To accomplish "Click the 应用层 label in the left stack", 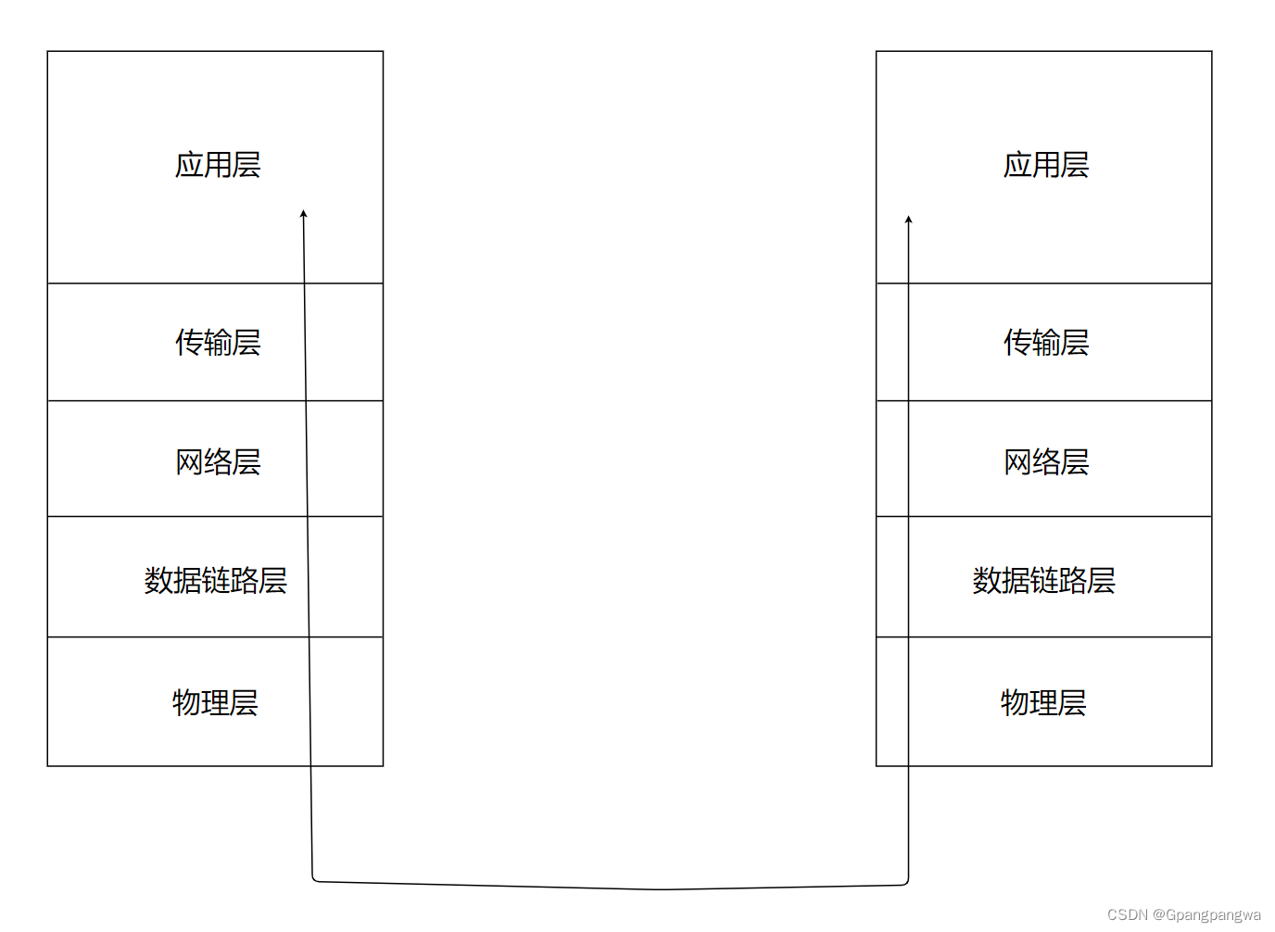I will click(218, 165).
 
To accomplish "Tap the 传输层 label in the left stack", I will click(218, 343).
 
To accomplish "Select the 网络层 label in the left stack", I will click(218, 461).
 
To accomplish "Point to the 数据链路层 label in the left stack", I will click(215, 581).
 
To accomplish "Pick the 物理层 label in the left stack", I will click(215, 702).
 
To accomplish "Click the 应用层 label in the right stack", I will click(1046, 165).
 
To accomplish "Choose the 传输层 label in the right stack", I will click(1046, 343).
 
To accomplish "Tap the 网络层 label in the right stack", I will click(1046, 461).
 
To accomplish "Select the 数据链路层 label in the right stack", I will click(1043, 581).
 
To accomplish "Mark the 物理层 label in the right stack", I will click(1043, 702).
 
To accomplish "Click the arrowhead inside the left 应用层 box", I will click(303, 214).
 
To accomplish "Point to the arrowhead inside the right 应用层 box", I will click(908, 220).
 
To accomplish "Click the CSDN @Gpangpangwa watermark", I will click(1183, 914).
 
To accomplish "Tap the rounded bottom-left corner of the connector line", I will click(315, 878).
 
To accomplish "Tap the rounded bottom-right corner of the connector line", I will click(905, 882).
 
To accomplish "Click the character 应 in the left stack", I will click(189, 165).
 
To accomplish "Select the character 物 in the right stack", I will click(1015, 702).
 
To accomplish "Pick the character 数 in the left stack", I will click(158, 581).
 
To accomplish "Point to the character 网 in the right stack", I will click(1017, 461).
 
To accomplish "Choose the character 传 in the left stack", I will click(189, 343).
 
